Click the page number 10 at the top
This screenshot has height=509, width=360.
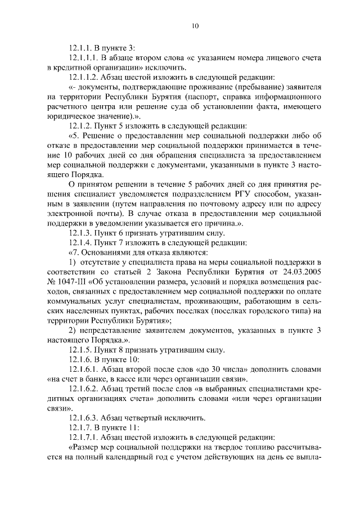pyautogui.click(x=195, y=25)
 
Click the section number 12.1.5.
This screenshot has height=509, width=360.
pyautogui.click(x=80, y=349)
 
